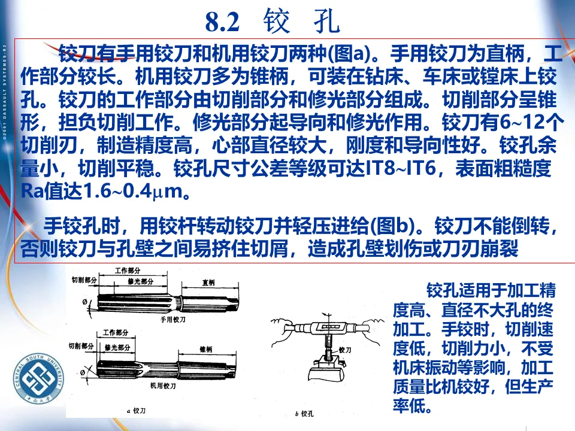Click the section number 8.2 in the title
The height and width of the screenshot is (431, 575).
(222, 23)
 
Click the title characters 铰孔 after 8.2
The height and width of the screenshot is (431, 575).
(301, 23)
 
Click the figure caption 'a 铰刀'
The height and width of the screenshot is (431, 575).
(138, 411)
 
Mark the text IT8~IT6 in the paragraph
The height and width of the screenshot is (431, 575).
(404, 169)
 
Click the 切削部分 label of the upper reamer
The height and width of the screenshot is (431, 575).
(84, 280)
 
